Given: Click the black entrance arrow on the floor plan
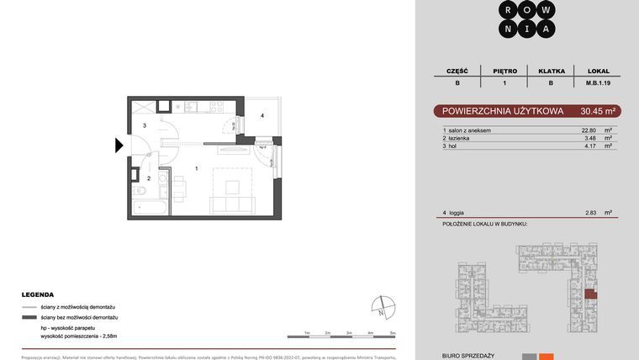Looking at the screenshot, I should [119, 146].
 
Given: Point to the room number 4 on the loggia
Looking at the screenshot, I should [262, 115].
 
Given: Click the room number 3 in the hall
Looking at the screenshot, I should [145, 126].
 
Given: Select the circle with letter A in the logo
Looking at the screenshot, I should [547, 29].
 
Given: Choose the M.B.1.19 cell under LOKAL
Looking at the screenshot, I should [597, 83].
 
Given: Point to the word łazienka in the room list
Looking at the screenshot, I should [460, 138].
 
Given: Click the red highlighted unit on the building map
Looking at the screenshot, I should [591, 294].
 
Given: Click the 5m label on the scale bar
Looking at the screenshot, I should [393, 334].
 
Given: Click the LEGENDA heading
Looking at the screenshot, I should [38, 295].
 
